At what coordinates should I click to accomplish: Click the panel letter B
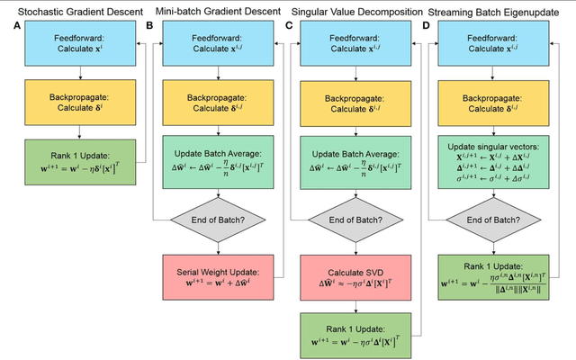150,25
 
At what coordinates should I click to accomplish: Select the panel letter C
289,25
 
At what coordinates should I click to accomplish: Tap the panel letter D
427,25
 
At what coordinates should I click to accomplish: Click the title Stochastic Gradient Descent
72,10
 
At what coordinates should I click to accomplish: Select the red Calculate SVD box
356,276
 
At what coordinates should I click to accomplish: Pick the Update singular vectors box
496,160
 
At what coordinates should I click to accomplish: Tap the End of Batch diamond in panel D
496,219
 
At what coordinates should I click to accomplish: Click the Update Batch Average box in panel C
356,160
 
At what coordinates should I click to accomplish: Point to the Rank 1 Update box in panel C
356,335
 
